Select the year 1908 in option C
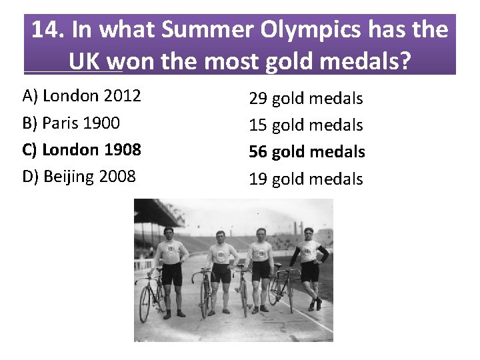pyautogui.click(x=123, y=150)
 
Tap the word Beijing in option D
pyautogui.click(x=71, y=177)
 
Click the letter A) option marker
pyautogui.click(x=30, y=96)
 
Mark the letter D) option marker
pyautogui.click(x=31, y=177)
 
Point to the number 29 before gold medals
pyautogui.click(x=258, y=99)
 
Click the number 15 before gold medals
pyautogui.click(x=258, y=125)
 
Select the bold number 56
pyautogui.click(x=258, y=152)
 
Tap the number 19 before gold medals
pyautogui.click(x=258, y=179)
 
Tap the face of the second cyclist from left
pyautogui.click(x=220, y=237)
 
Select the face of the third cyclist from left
pyautogui.click(x=261, y=235)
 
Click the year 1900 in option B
pyautogui.click(x=102, y=123)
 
